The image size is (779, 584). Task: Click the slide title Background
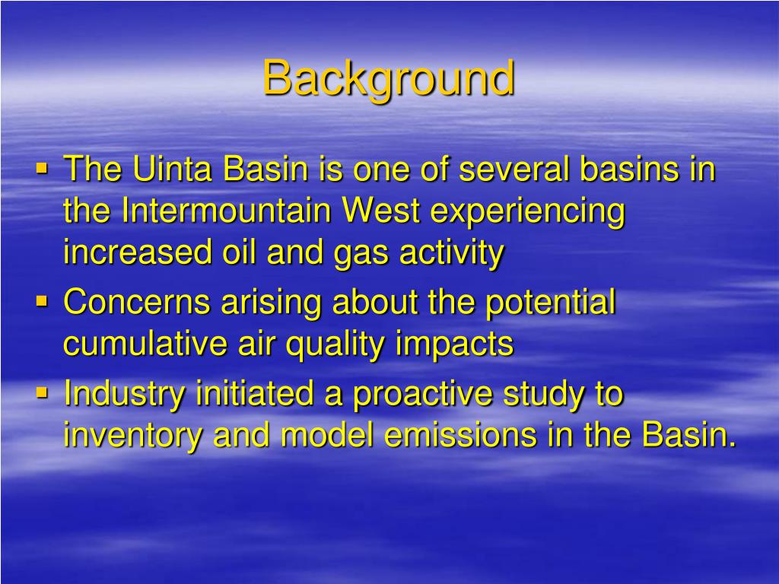click(389, 79)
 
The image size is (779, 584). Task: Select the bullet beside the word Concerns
click(42, 301)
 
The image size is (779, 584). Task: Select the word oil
click(238, 252)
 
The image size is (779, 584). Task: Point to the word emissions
click(460, 434)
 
